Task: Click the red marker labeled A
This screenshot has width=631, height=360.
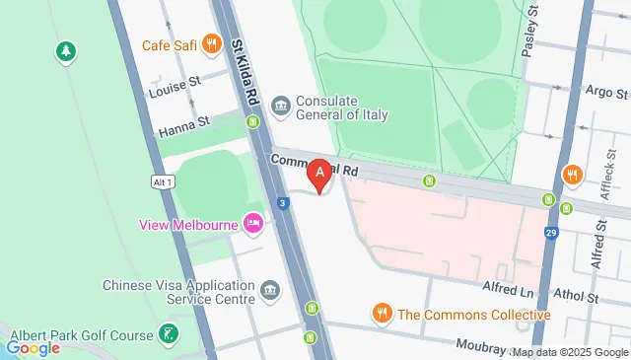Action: [319, 177]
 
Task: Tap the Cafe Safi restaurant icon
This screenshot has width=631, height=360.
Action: [211, 44]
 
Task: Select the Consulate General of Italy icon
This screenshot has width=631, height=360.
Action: [281, 106]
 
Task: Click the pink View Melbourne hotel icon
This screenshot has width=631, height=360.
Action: [252, 224]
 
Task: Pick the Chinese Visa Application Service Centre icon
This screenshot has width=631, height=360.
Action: [269, 291]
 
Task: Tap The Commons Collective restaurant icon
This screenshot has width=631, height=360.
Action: [382, 315]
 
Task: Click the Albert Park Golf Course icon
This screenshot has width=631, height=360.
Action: [170, 334]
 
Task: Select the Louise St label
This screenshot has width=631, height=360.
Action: [175, 92]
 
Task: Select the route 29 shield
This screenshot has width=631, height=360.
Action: [550, 232]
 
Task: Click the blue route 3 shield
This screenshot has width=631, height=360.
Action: [283, 203]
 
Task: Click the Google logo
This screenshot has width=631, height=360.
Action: [33, 348]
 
